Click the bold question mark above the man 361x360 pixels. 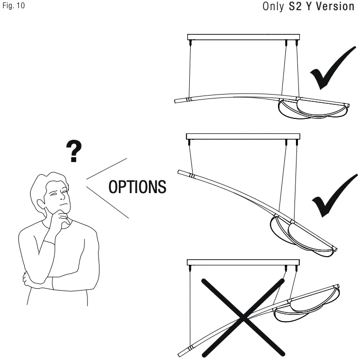click(x=73, y=152)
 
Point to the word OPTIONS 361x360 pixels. click(x=137, y=187)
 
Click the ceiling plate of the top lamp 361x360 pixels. click(x=243, y=37)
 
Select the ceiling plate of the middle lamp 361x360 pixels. click(x=243, y=137)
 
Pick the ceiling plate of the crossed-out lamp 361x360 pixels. click(x=243, y=262)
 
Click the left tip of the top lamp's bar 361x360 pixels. click(x=176, y=101)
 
